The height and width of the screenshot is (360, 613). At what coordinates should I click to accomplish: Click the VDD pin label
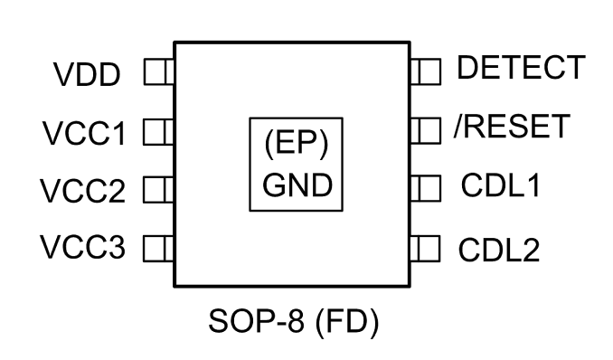coord(87,75)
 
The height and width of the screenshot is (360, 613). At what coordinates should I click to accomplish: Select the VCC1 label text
coord(84,134)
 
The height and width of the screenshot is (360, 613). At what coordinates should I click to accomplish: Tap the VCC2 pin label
coord(83,191)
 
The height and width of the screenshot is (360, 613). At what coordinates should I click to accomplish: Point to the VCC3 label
coord(83,247)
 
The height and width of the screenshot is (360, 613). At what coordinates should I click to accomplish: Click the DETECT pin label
coord(521,67)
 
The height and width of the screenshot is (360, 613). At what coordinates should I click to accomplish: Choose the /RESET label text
coord(512,126)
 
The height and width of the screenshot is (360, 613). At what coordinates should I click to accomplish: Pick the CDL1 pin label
coord(501,185)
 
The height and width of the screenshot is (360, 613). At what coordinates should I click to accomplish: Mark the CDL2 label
coord(499,250)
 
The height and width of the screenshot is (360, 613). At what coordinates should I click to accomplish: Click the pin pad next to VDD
coord(159,71)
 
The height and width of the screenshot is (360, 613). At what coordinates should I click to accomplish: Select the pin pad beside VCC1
coord(158,132)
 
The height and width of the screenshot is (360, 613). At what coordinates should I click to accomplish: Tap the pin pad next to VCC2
coord(158,189)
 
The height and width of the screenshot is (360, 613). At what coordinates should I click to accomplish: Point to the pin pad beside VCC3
coord(158,248)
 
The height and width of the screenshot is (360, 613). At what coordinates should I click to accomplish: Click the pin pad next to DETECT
coord(426,71)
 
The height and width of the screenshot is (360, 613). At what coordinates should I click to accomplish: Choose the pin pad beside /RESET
coord(426,130)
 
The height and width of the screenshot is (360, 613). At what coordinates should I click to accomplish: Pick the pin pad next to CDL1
coord(426,188)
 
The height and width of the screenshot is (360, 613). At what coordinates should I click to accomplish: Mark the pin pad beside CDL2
coord(425,248)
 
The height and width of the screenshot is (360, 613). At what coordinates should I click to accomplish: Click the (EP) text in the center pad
coord(297,143)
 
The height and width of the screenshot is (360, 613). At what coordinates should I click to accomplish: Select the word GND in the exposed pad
coord(297,185)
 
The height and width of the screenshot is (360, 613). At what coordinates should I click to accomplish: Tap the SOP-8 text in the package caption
coord(256,320)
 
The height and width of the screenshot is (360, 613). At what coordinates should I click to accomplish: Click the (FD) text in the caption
coord(347,322)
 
